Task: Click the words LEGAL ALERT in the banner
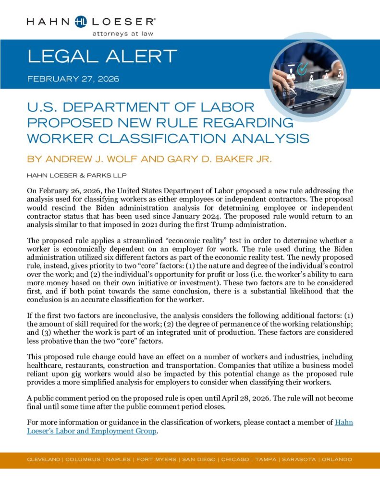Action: pyautogui.click(x=102, y=57)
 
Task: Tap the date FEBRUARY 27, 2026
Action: pyautogui.click(x=74, y=78)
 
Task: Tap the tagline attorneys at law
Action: pyautogui.click(x=123, y=34)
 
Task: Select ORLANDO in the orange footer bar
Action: pyautogui.click(x=338, y=459)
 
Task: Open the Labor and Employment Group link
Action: pyautogui.click(x=91, y=431)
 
